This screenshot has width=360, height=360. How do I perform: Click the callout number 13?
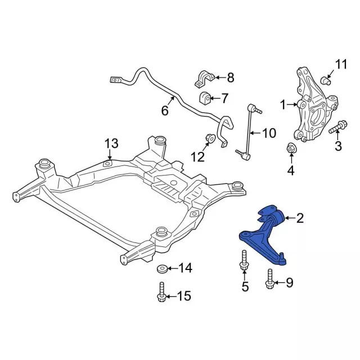[111, 143]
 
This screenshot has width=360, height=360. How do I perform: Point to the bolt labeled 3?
[338, 128]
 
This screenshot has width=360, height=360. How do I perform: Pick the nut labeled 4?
[291, 148]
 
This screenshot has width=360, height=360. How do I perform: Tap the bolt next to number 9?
[269, 278]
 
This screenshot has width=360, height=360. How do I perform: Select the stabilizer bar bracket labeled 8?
[205, 79]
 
